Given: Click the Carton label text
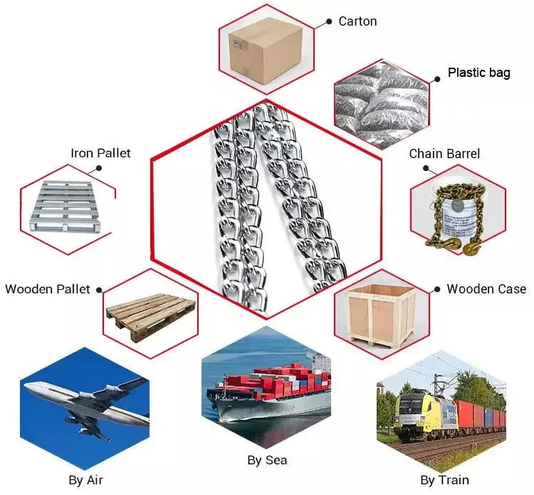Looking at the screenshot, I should tap(357, 21).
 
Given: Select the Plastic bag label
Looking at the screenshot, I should tap(478, 73).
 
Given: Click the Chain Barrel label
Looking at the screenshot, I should tap(444, 154).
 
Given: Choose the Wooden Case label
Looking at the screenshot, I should tap(486, 288).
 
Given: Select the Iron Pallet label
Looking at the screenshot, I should tap(100, 153).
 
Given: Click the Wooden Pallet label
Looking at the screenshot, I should tap(48, 289).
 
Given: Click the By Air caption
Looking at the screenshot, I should tap(86, 480).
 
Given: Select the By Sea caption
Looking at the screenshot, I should tap(267, 460).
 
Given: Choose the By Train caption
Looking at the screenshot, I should tap(444, 480).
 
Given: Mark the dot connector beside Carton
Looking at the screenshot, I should tap(328, 22).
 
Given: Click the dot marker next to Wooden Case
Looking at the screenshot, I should tap(436, 289).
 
